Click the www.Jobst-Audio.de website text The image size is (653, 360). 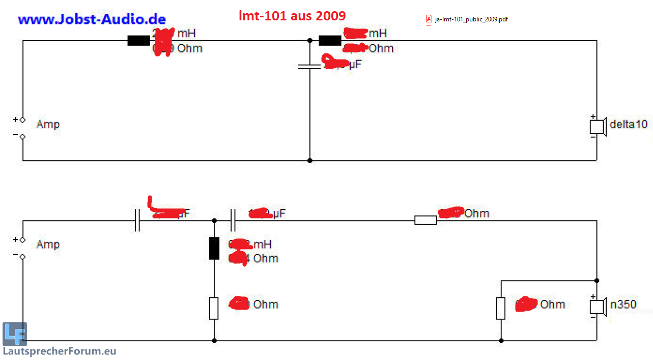92,20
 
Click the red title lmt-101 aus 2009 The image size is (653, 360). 292,15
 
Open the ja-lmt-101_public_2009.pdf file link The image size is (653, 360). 471,19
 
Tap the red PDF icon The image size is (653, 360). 429,19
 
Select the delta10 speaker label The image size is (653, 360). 628,124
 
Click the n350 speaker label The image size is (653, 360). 623,304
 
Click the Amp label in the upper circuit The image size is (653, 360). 48,124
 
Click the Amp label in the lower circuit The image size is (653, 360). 48,244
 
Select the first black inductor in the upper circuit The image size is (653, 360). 138,41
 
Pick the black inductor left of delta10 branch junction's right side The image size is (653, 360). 330,41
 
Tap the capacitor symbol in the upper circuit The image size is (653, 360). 309,66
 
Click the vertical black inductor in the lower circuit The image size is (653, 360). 214,248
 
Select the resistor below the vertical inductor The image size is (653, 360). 214,308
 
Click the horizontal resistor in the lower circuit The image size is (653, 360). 425,220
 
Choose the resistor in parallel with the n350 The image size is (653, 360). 501,308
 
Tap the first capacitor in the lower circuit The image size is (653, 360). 137,220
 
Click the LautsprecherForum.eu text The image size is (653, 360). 60,351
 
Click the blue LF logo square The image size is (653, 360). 14,334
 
